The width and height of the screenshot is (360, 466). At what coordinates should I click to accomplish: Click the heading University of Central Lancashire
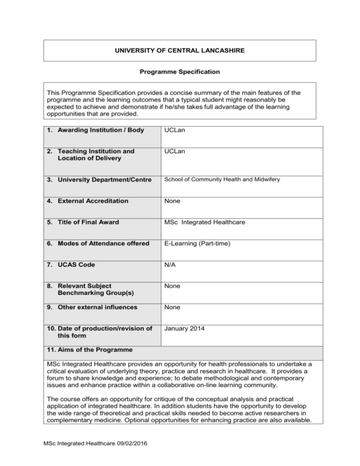pos(180,50)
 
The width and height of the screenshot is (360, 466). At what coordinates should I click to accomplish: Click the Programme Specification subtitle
pos(180,73)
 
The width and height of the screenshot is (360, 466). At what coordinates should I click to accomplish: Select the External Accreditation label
pos(90,201)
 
